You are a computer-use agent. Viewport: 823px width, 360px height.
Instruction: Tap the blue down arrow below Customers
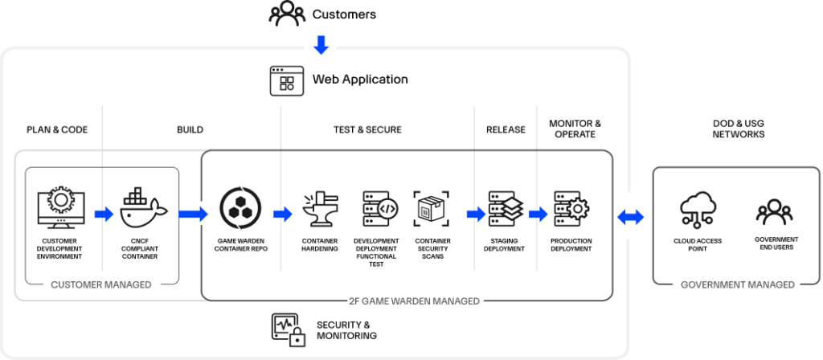[x=321, y=45]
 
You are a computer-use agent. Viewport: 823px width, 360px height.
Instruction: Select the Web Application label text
[x=360, y=80]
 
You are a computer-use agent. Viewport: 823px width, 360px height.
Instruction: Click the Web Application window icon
[x=286, y=80]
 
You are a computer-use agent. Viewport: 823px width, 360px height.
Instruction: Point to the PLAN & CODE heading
[x=57, y=129]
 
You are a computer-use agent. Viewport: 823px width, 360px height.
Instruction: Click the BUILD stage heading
[x=190, y=129]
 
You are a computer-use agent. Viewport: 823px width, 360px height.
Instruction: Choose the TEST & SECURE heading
[x=367, y=129]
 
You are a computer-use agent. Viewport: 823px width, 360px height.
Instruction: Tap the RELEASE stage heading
[x=506, y=129]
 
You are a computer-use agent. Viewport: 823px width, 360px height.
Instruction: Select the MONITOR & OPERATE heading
[x=575, y=129]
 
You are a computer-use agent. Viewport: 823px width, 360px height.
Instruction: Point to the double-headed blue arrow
[x=629, y=215]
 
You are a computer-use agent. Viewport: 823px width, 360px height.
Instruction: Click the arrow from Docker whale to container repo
[x=192, y=214]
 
